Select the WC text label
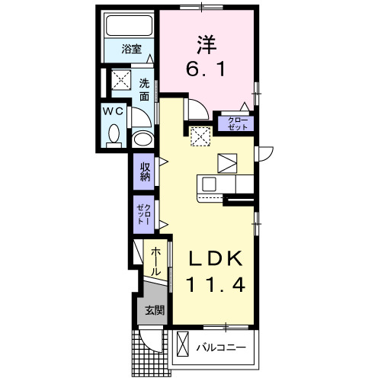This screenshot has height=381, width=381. pyautogui.click(x=114, y=111)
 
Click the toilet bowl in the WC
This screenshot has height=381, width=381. pyautogui.click(x=114, y=136)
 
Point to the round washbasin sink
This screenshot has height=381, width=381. pyautogui.click(x=141, y=139)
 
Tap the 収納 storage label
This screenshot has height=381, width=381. pyautogui.click(x=145, y=171)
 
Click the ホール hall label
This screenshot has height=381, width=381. pyautogui.click(x=155, y=261)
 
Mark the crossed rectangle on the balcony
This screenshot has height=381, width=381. pyautogui.click(x=183, y=345)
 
